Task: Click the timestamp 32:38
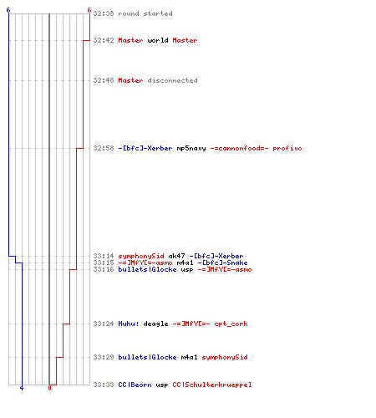(104, 13)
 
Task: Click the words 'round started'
(145, 13)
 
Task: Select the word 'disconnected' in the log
(172, 80)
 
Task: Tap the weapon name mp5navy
(191, 148)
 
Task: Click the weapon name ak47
(176, 256)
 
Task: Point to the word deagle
(155, 324)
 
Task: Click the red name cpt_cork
(231, 324)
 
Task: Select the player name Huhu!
(129, 324)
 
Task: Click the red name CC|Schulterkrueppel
(212, 385)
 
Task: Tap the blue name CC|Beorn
(135, 385)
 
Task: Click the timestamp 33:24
(104, 324)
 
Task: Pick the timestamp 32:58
(104, 148)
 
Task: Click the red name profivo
(287, 148)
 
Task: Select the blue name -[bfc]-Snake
(222, 263)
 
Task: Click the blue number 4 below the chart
(22, 388)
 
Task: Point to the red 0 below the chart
(49, 388)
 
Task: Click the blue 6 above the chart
(8, 10)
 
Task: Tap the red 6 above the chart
(89, 10)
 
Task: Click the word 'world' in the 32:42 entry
(158, 40)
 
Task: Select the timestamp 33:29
(104, 357)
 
